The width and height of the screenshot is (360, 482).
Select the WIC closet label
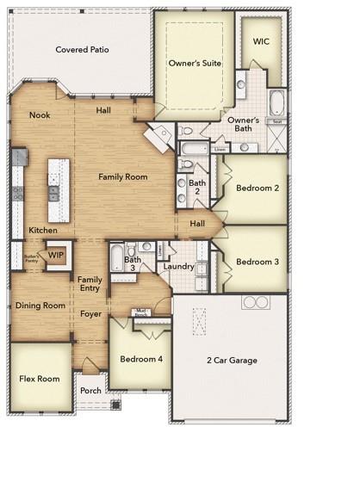[x=262, y=41]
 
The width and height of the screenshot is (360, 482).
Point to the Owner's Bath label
[x=245, y=124]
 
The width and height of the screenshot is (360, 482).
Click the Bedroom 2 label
[x=258, y=188]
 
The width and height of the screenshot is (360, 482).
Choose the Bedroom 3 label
[x=258, y=262]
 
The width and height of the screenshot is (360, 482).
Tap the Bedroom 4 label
[x=140, y=358]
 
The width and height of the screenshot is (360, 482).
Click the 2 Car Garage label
[x=233, y=360]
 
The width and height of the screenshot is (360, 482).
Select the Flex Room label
[x=40, y=379]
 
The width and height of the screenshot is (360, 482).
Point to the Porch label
[x=90, y=389]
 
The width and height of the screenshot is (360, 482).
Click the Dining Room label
[x=40, y=305]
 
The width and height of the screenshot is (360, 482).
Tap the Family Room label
[x=122, y=176]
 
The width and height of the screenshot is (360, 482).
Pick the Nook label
[x=40, y=114]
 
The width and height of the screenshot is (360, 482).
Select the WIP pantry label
[x=56, y=255]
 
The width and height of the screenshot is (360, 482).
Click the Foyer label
[x=91, y=313]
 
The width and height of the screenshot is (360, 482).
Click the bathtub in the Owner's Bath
[x=277, y=105]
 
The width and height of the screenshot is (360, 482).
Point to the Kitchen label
[x=43, y=230]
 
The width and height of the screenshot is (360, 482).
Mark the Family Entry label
[x=90, y=285]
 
